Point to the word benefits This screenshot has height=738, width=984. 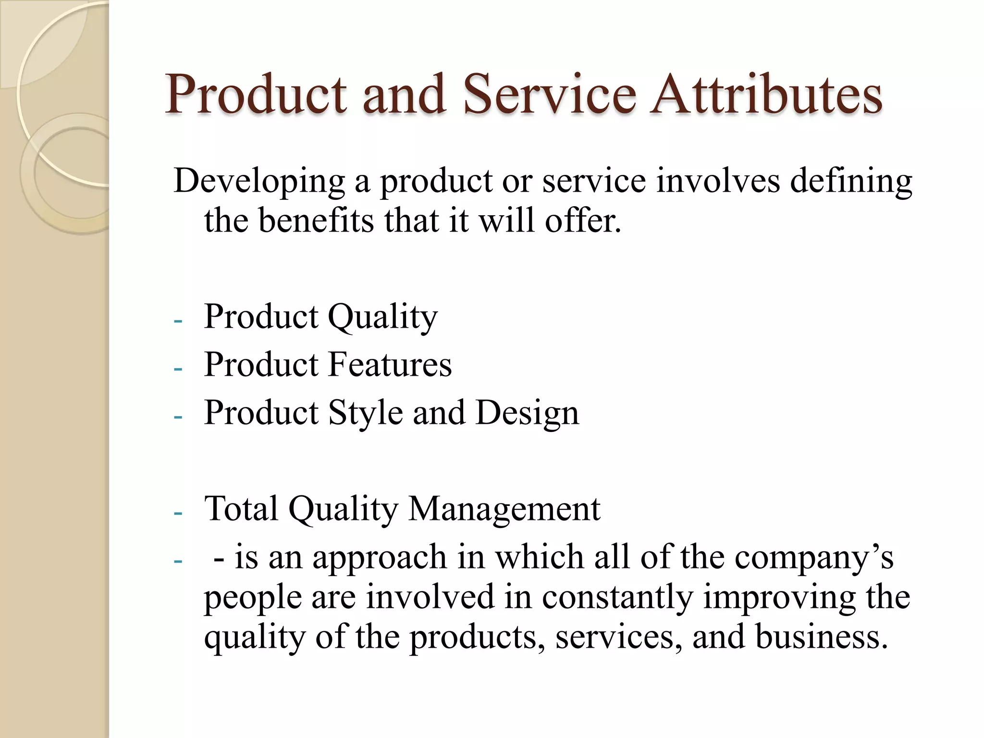pyautogui.click(x=316, y=221)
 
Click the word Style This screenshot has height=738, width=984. pyautogui.click(x=365, y=413)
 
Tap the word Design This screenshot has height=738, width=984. pyautogui.click(x=527, y=413)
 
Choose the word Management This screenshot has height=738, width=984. pyautogui.click(x=504, y=509)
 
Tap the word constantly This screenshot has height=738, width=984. pyautogui.click(x=617, y=597)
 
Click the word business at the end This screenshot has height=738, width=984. pyautogui.click(x=821, y=637)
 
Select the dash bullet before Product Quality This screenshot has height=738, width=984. pyautogui.click(x=178, y=321)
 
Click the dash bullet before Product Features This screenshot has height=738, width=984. pyautogui.click(x=178, y=369)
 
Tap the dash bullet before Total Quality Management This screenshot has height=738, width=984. pyautogui.click(x=178, y=513)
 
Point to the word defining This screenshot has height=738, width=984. pyautogui.click(x=851, y=182)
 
